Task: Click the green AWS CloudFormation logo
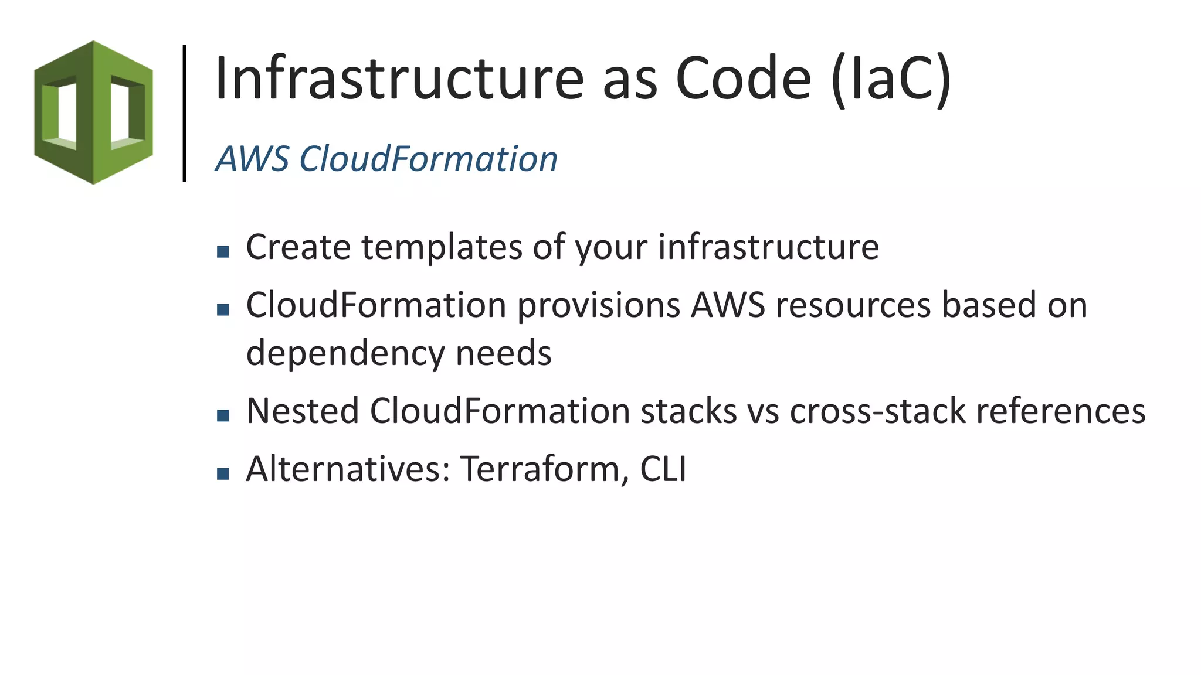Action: (x=93, y=112)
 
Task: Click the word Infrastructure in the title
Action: (x=399, y=79)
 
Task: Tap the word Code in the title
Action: (x=743, y=79)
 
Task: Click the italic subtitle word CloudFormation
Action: (x=428, y=159)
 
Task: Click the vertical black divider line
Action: (x=185, y=113)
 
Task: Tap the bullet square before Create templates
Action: (x=223, y=252)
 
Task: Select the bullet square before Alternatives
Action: (x=223, y=473)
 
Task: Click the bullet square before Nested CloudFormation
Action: (x=223, y=415)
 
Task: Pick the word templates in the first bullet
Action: (x=442, y=247)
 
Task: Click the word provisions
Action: (x=598, y=306)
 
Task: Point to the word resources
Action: (x=853, y=306)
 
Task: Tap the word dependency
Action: (x=345, y=354)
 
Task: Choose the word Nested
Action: (x=303, y=411)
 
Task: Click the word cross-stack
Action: (x=877, y=411)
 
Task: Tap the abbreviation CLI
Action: (x=663, y=469)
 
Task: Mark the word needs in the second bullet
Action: (x=503, y=354)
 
